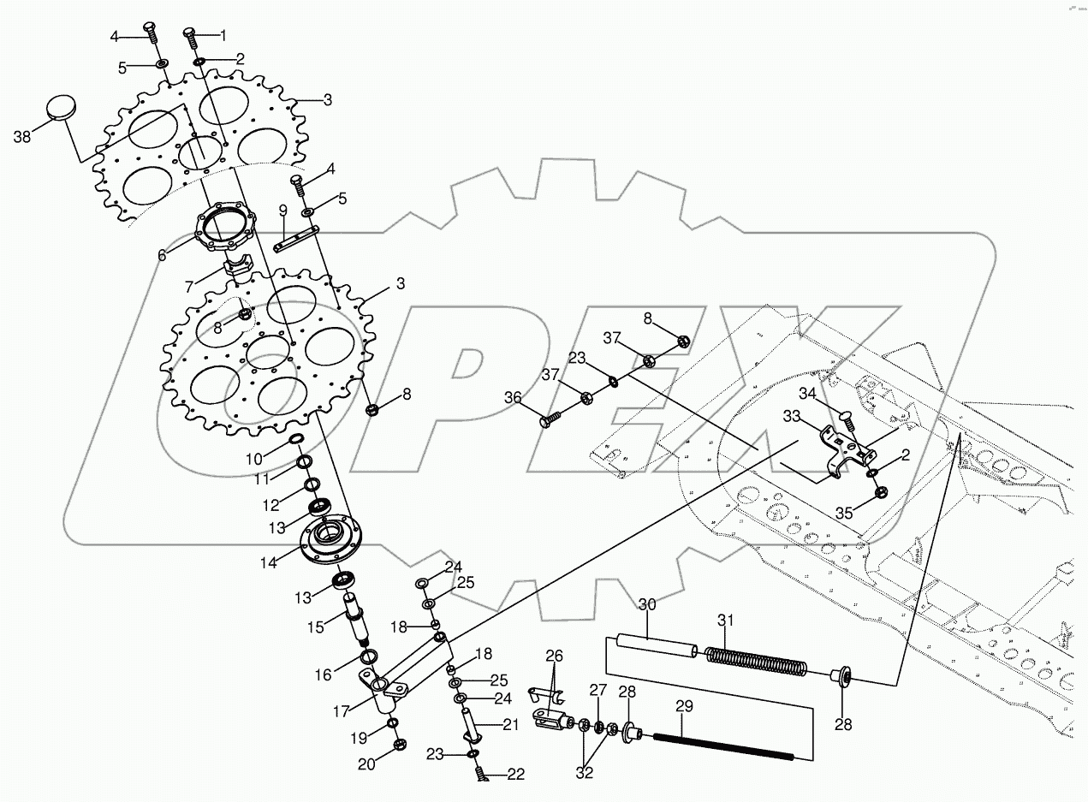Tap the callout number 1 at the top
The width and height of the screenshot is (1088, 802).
224,36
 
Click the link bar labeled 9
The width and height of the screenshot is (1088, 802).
296,239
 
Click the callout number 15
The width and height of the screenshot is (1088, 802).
317,627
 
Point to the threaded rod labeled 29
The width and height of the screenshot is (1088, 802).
723,745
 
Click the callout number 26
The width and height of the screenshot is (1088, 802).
555,656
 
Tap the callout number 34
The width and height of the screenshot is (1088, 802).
808,395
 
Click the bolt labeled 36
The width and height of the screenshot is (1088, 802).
550,419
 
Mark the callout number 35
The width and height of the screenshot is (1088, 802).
845,514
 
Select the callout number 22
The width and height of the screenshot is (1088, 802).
515,775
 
